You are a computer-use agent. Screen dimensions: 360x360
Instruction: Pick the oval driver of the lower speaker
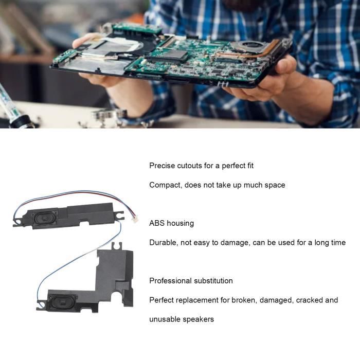tap(60, 301)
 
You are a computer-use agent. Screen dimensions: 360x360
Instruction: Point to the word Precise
tap(162, 166)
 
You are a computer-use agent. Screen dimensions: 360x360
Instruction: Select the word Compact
tap(166, 185)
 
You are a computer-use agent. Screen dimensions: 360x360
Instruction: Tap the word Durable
tap(164, 242)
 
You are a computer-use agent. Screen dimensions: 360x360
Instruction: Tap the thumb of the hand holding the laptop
tap(285, 64)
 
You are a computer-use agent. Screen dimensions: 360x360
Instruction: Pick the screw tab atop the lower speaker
tap(117, 246)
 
